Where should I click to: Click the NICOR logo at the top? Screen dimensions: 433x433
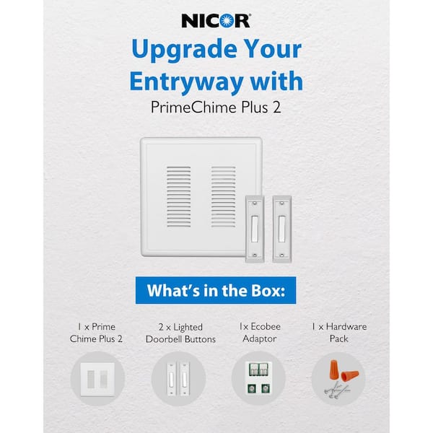coord(216,19)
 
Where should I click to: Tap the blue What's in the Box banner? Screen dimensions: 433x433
coord(216,292)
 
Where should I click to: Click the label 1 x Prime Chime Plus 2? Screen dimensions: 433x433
coord(97,333)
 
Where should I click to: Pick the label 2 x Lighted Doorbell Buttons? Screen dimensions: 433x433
coord(180,333)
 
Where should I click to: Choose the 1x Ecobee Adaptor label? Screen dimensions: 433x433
coord(258,333)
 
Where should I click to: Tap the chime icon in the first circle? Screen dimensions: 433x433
coord(97,379)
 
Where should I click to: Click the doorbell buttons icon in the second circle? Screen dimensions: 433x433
coord(179,379)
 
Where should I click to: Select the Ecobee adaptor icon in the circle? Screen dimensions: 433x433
coord(258,379)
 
